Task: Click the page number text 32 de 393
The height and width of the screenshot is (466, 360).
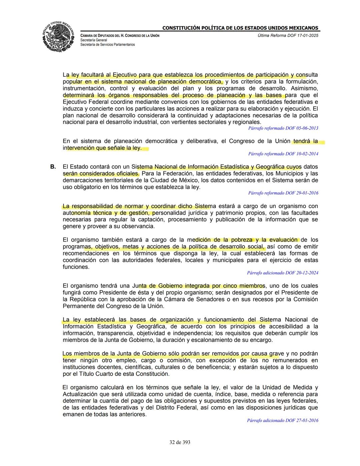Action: click(x=180, y=442)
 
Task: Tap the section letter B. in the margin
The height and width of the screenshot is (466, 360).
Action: click(x=53, y=166)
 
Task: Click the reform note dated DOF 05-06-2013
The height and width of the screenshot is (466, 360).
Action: click(x=283, y=128)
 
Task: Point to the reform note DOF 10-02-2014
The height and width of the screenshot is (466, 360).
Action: click(x=283, y=154)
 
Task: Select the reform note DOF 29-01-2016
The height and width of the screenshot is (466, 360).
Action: click(x=283, y=193)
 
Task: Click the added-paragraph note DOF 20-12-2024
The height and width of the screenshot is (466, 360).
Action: click(x=282, y=273)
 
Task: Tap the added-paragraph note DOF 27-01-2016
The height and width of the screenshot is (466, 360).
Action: click(x=282, y=421)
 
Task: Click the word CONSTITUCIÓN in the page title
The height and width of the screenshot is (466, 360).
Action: click(x=181, y=28)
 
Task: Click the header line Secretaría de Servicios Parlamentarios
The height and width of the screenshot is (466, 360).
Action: click(x=108, y=44)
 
